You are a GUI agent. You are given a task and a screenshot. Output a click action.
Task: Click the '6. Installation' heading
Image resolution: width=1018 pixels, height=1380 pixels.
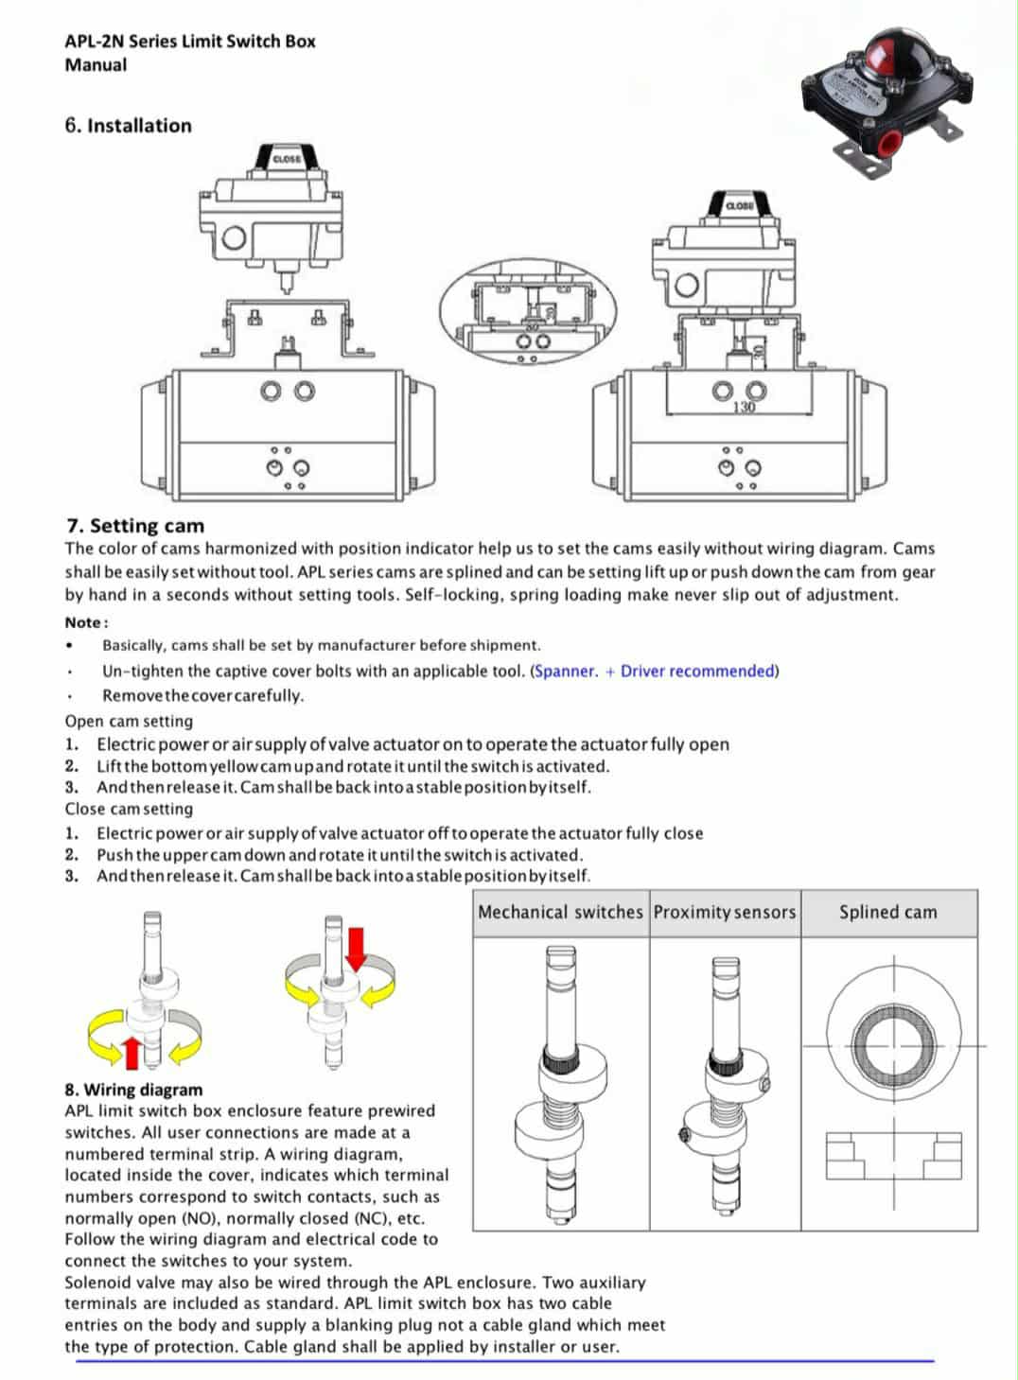(x=128, y=126)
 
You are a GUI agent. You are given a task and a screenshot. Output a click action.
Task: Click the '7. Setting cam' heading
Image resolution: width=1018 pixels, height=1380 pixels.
(x=135, y=526)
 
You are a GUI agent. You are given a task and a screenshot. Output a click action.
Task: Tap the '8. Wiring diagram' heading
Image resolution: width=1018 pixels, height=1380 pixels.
(x=133, y=1090)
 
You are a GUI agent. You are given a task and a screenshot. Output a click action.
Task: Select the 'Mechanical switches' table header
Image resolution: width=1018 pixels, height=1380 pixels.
(x=560, y=913)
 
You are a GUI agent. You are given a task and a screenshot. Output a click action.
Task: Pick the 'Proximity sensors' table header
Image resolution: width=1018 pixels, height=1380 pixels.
(x=725, y=913)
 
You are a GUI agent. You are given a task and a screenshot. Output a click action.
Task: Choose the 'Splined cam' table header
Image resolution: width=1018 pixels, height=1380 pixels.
(x=887, y=913)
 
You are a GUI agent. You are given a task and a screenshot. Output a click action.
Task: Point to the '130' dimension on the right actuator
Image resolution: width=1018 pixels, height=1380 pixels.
(x=745, y=407)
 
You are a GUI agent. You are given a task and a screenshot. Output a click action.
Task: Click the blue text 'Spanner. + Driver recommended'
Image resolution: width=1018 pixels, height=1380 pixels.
(x=655, y=672)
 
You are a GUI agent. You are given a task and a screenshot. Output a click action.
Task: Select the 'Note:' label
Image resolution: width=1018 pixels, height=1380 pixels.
(x=86, y=622)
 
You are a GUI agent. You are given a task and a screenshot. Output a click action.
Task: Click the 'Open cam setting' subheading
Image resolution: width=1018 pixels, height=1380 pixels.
(x=129, y=721)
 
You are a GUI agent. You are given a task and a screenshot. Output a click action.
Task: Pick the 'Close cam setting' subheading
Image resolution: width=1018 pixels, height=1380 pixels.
(x=129, y=809)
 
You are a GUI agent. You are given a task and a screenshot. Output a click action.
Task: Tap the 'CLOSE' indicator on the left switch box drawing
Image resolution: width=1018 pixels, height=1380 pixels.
(x=287, y=159)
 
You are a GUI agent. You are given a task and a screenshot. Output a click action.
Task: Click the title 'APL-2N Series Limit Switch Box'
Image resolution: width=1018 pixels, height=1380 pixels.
(x=190, y=42)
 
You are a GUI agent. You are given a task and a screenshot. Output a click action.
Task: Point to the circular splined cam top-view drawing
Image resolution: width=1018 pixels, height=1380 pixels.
(x=889, y=1046)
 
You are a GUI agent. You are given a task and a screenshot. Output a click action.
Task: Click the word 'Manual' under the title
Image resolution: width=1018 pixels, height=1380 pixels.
(x=96, y=65)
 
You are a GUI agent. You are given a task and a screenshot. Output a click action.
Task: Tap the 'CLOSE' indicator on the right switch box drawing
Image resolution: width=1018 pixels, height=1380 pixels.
(x=739, y=205)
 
